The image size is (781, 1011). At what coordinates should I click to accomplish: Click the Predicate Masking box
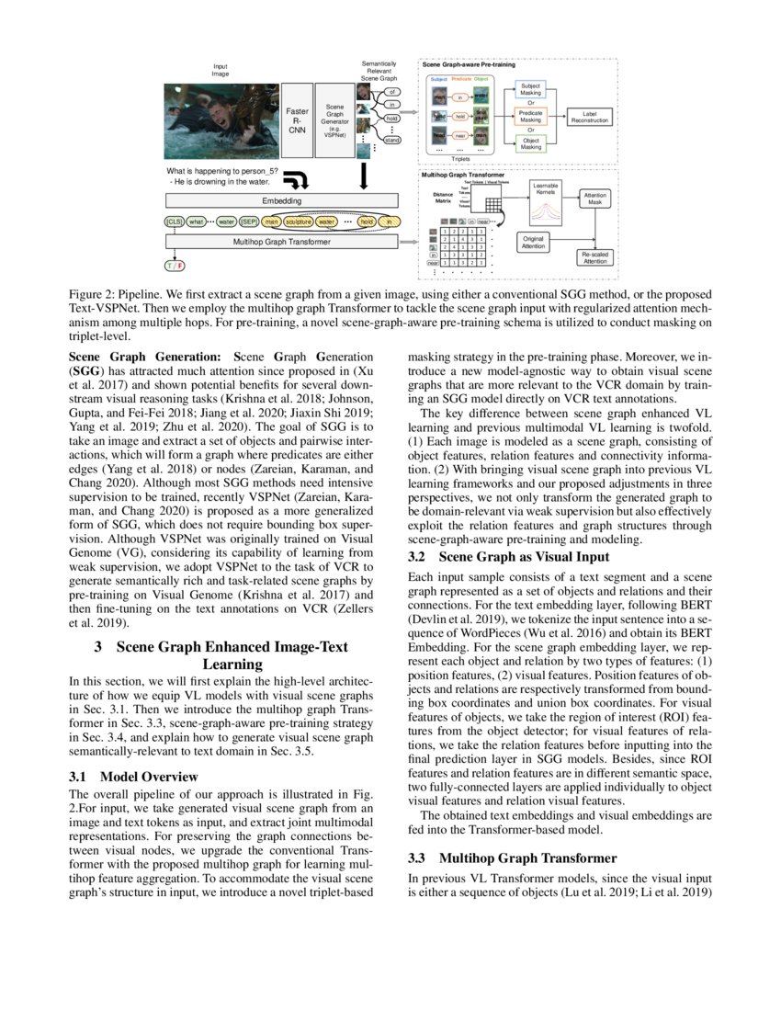(x=531, y=116)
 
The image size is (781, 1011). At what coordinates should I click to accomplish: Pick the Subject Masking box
(x=531, y=89)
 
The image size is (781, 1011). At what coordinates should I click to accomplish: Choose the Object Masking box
(x=531, y=143)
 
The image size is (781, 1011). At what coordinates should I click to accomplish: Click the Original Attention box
(x=533, y=242)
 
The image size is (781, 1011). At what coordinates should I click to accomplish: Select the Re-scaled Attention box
(x=594, y=258)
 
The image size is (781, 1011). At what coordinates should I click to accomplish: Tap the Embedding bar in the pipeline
(x=281, y=200)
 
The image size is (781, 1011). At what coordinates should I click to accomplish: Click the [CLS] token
(x=174, y=222)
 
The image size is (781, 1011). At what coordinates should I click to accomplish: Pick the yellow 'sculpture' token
(x=298, y=222)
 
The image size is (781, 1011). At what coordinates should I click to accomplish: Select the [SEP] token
(x=249, y=222)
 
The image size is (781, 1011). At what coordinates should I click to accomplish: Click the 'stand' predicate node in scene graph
(x=392, y=140)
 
